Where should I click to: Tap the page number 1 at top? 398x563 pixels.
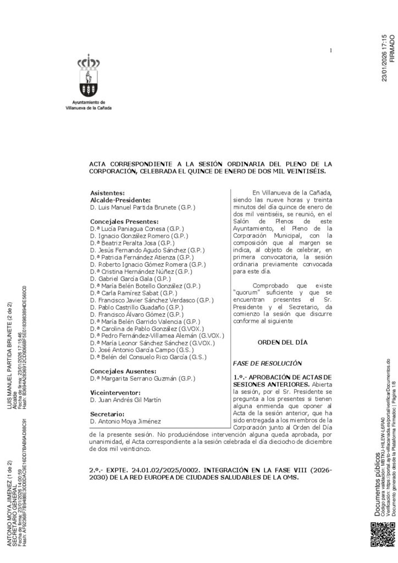pos(331,51)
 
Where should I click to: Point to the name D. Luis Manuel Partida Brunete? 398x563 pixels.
pos(142,207)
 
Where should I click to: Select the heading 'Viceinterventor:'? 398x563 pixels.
pos(114,393)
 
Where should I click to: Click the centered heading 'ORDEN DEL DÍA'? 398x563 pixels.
pos(283,343)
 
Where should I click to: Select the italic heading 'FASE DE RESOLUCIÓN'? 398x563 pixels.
pos(268,363)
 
